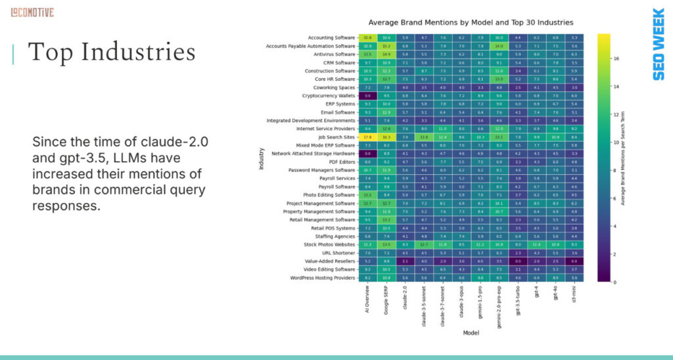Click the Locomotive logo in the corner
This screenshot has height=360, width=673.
click(32, 12)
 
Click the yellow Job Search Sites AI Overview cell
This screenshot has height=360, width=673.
click(367, 137)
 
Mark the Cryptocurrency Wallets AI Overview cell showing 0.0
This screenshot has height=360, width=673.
click(367, 95)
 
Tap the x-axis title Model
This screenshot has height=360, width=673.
click(471, 332)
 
